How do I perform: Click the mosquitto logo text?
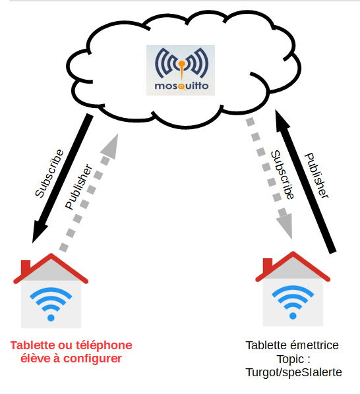pos(181,86)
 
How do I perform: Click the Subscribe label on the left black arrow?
pos(49,173)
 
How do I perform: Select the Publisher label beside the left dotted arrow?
pos(79,186)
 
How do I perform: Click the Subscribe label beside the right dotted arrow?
pos(282,175)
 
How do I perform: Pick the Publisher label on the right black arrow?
pos(316,175)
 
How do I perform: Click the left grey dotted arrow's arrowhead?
pos(111,146)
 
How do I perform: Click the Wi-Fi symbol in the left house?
pos(51,304)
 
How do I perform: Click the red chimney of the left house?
pos(26,267)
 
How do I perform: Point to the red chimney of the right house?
pos(268,265)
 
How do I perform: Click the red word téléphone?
pos(104,346)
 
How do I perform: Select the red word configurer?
pos(92,359)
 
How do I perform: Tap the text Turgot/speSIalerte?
pos(293,373)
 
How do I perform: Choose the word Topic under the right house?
pos(290,359)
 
